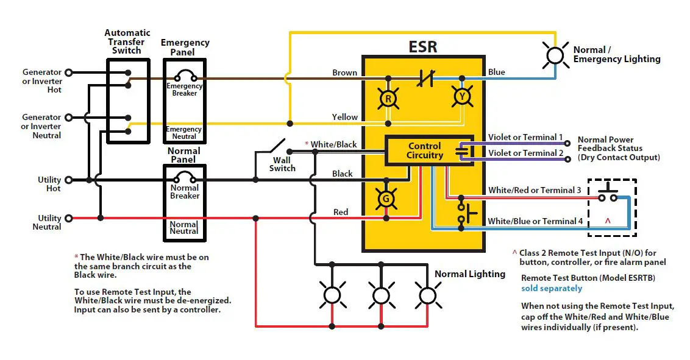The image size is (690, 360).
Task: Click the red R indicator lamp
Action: click(388, 97)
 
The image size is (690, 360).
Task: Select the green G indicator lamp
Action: click(385, 199)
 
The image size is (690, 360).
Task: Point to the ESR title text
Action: click(424, 46)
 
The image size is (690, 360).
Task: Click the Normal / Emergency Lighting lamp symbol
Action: click(555, 55)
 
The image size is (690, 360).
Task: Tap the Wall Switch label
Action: click(282, 164)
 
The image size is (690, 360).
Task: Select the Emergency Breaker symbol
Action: click(184, 76)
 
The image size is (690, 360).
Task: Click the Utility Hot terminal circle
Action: click(68, 180)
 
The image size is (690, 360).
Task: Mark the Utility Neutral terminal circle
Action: click(68, 217)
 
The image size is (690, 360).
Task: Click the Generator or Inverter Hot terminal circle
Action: click(68, 72)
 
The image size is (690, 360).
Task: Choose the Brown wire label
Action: click(344, 72)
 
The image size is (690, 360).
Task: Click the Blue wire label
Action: click(497, 72)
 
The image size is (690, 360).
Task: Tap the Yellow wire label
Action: click(344, 117)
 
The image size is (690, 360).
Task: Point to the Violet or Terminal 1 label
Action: click(525, 138)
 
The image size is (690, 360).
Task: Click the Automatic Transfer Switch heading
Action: click(127, 41)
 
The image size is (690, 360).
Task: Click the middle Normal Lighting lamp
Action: click(381, 295)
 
